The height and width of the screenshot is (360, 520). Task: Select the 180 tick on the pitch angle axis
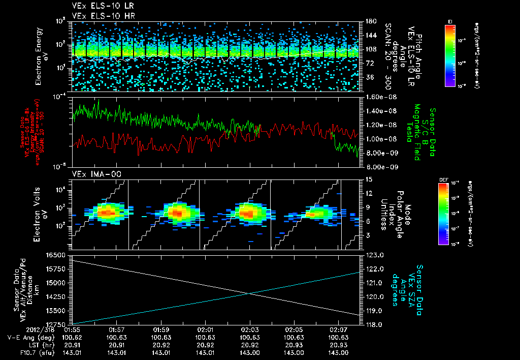coord(369,21)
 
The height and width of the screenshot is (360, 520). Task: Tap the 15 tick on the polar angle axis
coord(369,179)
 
